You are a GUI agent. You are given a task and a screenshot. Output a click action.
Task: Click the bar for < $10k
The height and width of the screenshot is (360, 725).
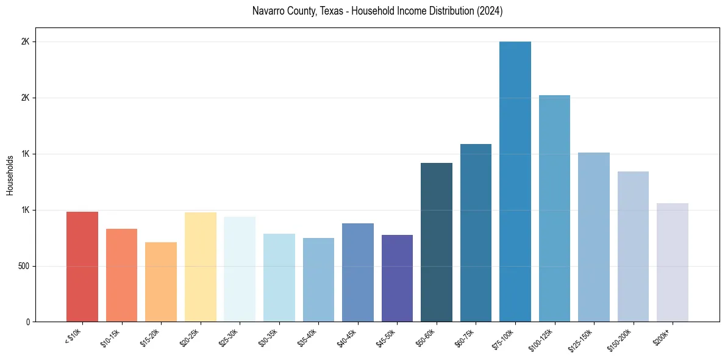tap(82, 267)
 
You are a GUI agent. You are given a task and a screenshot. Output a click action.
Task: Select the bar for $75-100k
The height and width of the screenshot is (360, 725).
tap(515, 181)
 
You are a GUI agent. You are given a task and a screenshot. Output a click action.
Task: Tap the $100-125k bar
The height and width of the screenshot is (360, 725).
tap(554, 208)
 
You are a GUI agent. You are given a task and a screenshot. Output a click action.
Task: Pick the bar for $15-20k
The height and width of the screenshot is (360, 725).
tap(161, 282)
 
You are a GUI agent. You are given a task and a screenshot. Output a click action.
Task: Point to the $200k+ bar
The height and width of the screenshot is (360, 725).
tap(673, 262)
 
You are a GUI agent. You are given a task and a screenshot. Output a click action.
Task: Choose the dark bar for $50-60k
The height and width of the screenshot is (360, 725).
tap(437, 242)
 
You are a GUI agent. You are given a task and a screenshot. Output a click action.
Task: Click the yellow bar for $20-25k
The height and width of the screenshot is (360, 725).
tap(201, 267)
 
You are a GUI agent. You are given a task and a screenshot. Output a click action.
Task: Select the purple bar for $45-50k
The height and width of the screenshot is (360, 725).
tap(397, 278)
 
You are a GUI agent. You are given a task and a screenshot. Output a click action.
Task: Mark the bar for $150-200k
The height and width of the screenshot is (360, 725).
tap(633, 247)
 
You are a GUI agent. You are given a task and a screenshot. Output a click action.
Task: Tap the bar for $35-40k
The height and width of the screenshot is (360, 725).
tap(318, 279)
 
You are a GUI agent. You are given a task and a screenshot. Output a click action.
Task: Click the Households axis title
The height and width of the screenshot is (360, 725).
tap(10, 175)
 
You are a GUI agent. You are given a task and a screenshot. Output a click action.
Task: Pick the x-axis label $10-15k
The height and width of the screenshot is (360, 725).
tap(112, 337)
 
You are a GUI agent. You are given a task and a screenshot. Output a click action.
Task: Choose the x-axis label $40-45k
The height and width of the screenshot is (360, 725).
tap(348, 337)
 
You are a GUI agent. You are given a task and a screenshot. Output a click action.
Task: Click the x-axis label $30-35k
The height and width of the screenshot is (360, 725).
tap(270, 337)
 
